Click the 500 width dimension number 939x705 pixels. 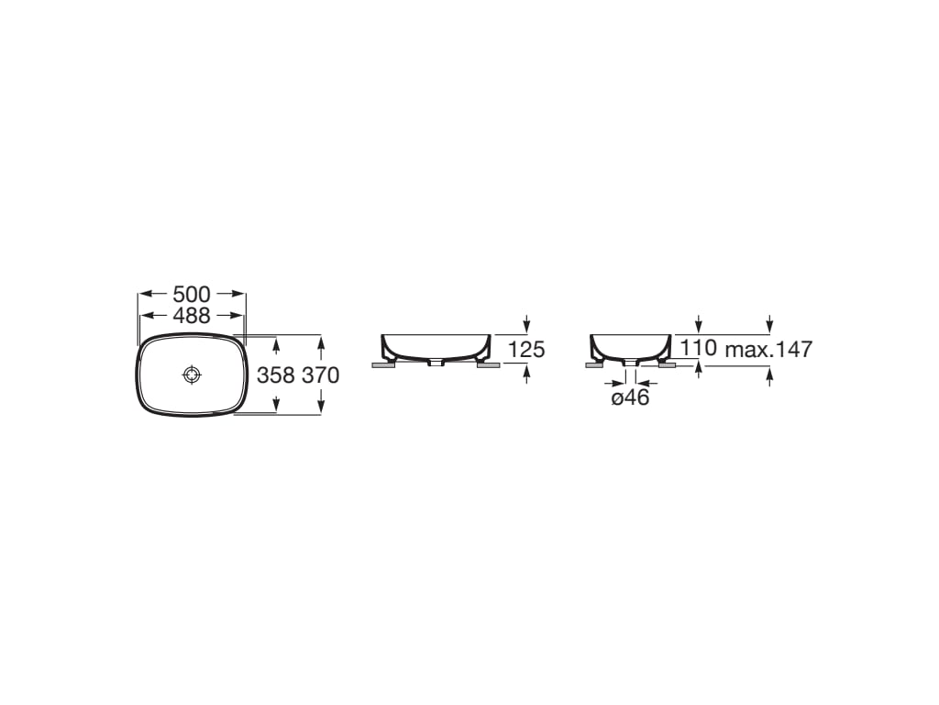click(x=192, y=295)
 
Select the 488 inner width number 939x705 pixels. click(x=192, y=316)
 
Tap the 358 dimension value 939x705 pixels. click(x=276, y=375)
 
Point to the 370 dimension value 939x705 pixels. click(x=320, y=375)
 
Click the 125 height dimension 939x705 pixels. click(x=526, y=350)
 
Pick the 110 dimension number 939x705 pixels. click(x=699, y=349)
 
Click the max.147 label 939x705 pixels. click(x=768, y=349)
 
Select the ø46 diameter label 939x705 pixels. click(x=630, y=397)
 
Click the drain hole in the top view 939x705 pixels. click(x=192, y=375)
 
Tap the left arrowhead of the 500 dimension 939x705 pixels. click(x=143, y=295)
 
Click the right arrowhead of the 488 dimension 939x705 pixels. click(x=240, y=316)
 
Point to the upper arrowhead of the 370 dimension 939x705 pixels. click(x=320, y=341)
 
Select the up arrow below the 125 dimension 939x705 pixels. click(x=526, y=373)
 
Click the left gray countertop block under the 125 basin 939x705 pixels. click(x=383, y=365)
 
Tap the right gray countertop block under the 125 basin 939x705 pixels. click(x=489, y=365)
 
